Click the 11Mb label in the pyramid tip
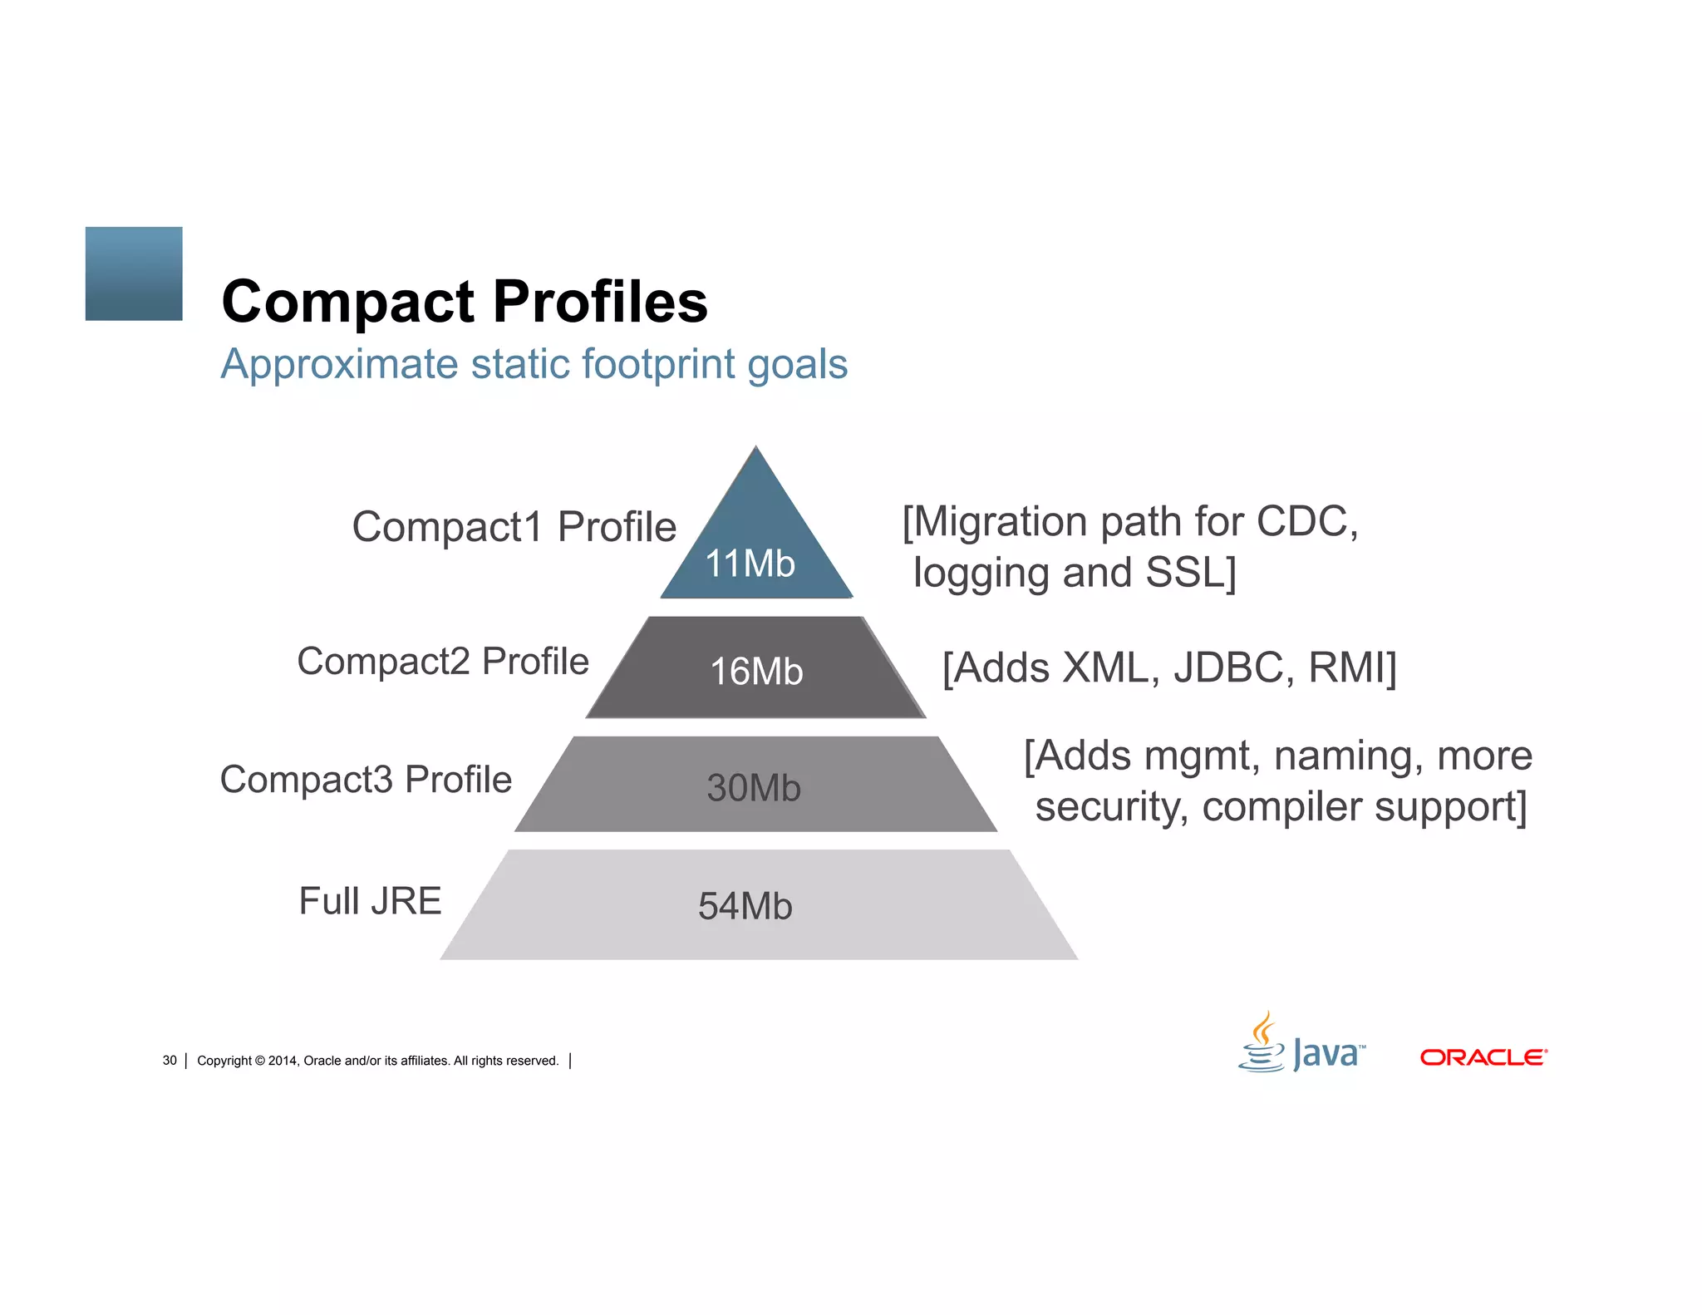750,564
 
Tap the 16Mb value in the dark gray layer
756,672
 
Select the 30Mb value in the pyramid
754,788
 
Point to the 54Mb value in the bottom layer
745,906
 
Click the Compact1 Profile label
514,527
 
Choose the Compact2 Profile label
443,662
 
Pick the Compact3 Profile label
366,780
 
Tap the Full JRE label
370,901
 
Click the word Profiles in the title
600,301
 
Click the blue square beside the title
134,273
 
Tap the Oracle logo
1483,1057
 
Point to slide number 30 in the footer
170,1061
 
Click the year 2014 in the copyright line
282,1061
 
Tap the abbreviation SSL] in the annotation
1191,573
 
